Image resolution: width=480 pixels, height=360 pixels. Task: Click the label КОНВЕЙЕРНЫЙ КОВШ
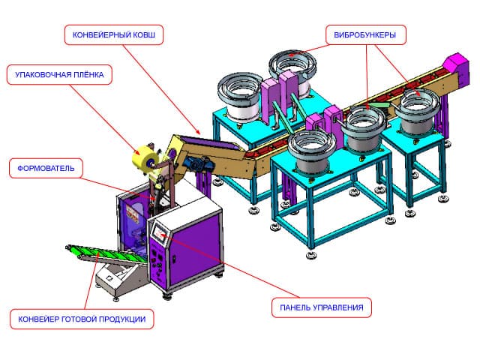[x=114, y=35]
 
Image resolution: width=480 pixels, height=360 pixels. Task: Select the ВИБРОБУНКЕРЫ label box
[x=365, y=35]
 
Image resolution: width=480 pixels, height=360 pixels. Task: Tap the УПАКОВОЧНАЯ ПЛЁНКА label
[x=61, y=75]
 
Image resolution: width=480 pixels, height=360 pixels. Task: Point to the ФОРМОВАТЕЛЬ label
[x=46, y=168]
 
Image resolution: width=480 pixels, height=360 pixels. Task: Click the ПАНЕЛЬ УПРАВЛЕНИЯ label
[x=321, y=307]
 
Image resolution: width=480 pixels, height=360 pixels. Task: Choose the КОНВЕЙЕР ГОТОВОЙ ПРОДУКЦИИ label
[x=82, y=318]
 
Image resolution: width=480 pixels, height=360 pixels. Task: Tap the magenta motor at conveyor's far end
[x=454, y=64]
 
